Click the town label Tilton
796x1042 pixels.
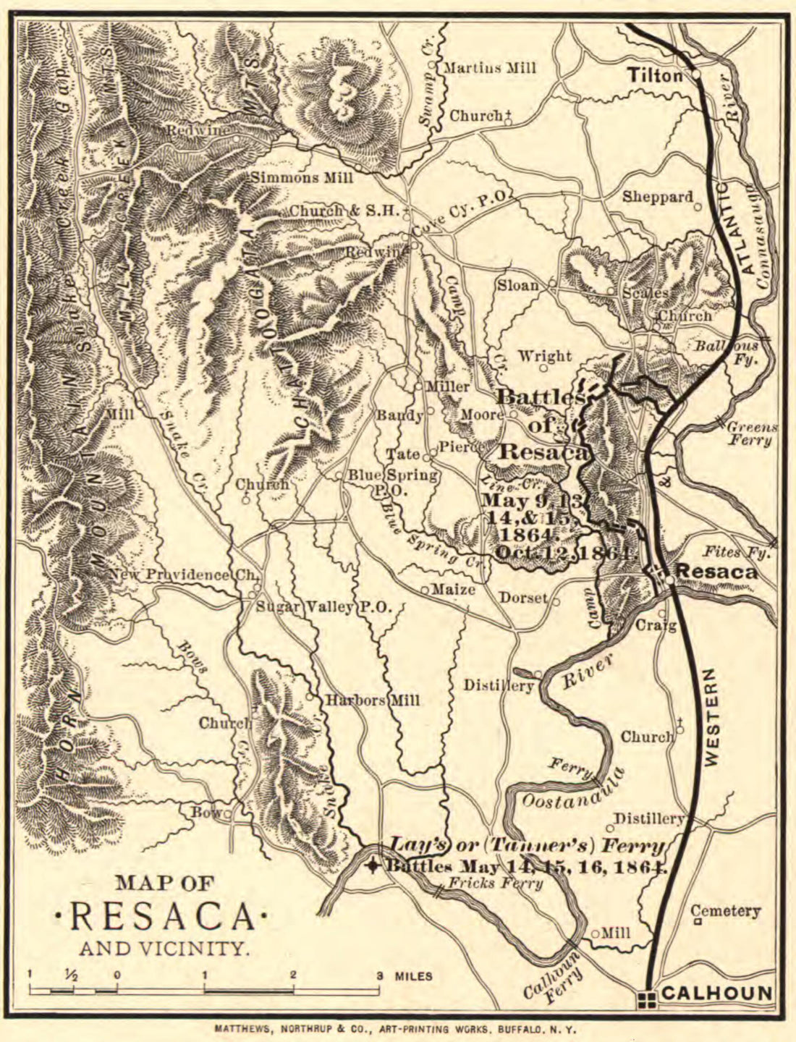pyautogui.click(x=655, y=75)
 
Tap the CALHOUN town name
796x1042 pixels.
pyautogui.click(x=716, y=994)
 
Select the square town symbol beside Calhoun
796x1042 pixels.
pyautogui.click(x=648, y=999)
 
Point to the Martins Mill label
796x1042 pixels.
pyautogui.click(x=489, y=68)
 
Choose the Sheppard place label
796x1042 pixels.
pyautogui.click(x=658, y=197)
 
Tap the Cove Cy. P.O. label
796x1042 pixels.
pyautogui.click(x=462, y=206)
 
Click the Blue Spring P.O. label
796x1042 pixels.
pyautogui.click(x=392, y=482)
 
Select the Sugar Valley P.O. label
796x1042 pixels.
pyautogui.click(x=324, y=607)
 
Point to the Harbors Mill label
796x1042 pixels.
pyautogui.click(x=371, y=700)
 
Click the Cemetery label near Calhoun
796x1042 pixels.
pyautogui.click(x=725, y=911)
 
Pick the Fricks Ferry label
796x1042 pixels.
pyautogui.click(x=495, y=883)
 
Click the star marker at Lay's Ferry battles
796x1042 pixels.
pyautogui.click(x=373, y=865)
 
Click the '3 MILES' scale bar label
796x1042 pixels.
pyautogui.click(x=405, y=976)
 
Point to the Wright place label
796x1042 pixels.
pyautogui.click(x=545, y=356)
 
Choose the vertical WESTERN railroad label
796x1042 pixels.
pyautogui.click(x=712, y=716)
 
